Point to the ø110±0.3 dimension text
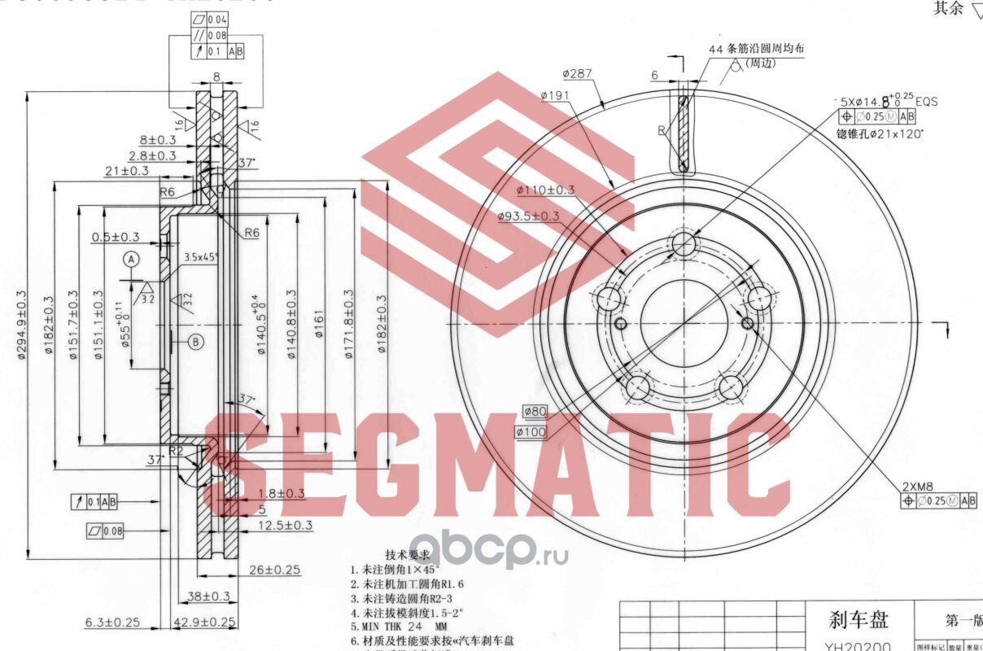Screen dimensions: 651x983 [545, 190]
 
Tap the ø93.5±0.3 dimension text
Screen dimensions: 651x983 [528, 216]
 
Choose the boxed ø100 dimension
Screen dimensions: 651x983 [531, 432]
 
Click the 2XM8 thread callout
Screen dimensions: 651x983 [917, 487]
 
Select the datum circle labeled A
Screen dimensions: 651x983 [130, 260]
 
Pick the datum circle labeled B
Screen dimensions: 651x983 [195, 342]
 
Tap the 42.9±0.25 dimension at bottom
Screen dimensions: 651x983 [206, 623]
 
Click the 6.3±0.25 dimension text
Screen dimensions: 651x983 [112, 623]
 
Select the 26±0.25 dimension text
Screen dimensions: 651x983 [275, 570]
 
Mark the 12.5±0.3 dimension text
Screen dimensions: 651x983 [285, 526]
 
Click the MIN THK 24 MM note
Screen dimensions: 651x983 [399, 627]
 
